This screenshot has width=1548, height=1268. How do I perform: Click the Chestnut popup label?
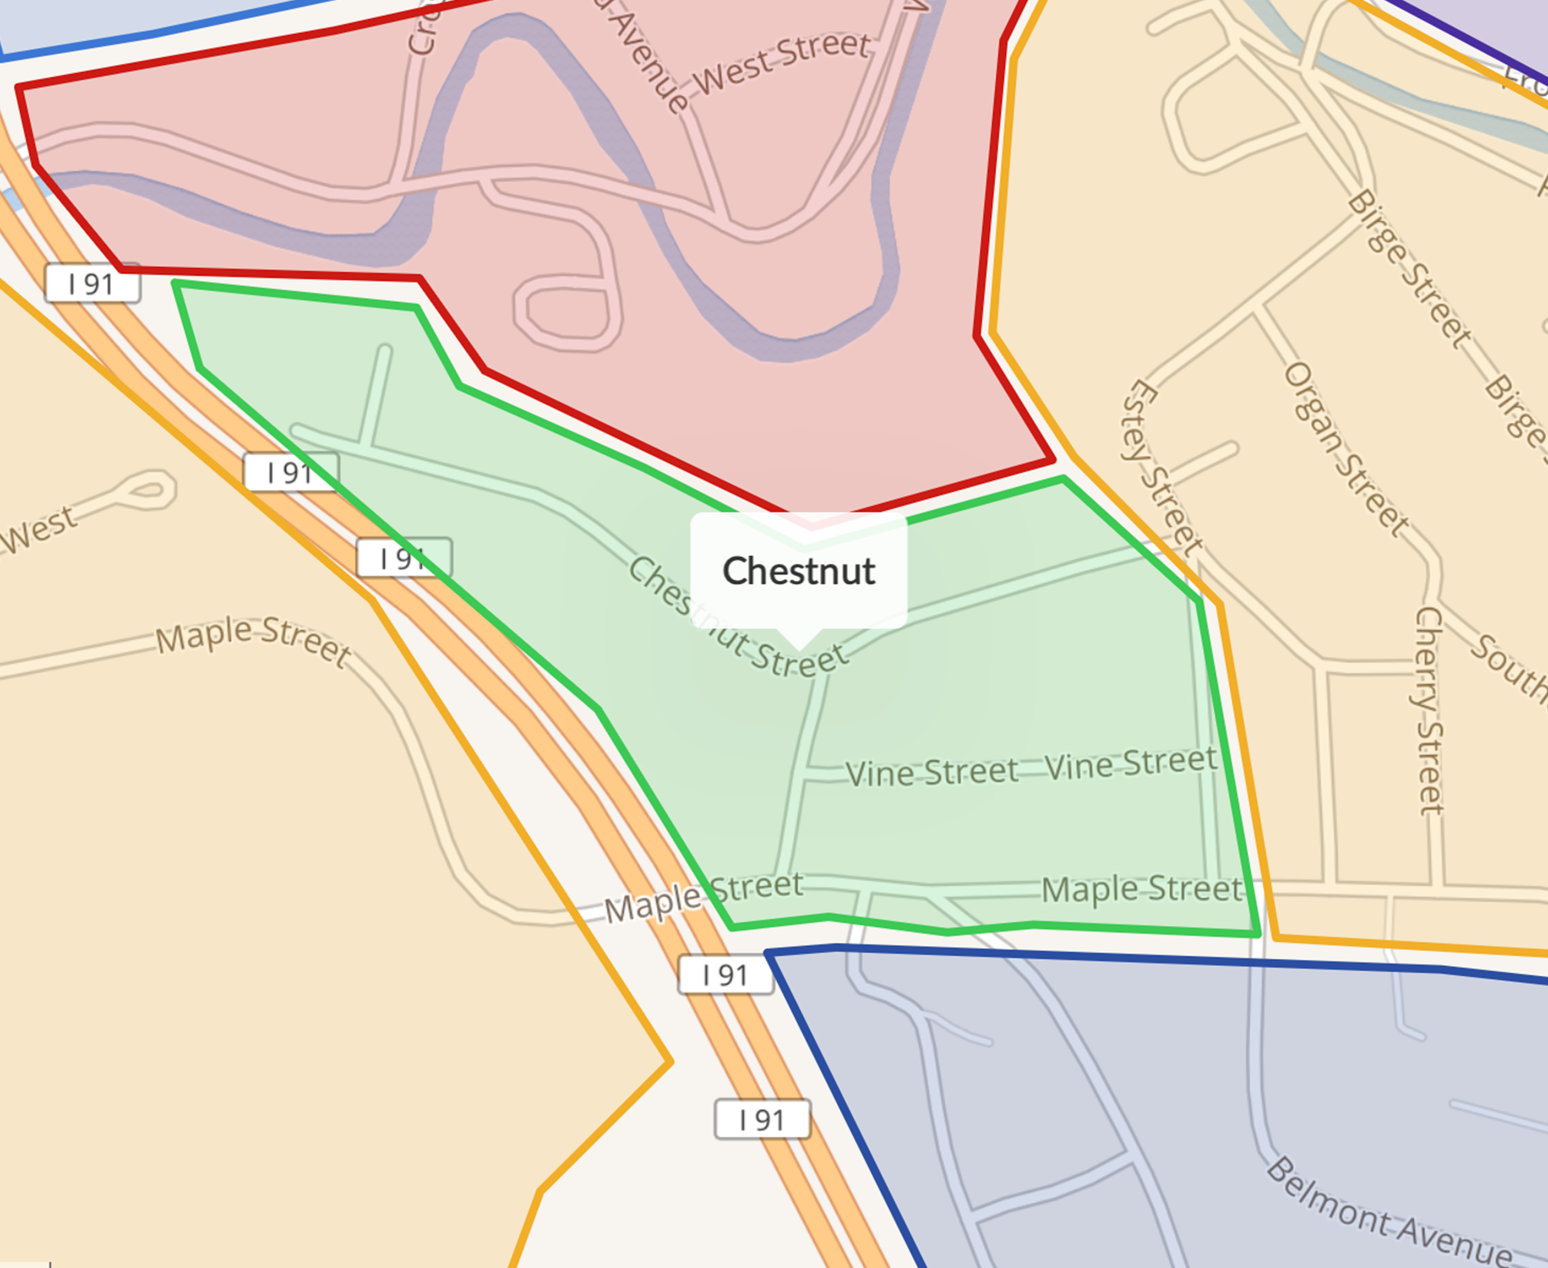[799, 571]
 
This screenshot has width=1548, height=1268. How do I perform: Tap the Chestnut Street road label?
[737, 619]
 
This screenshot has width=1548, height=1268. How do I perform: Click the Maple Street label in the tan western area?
[253, 639]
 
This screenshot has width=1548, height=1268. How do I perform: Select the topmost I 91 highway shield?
[92, 284]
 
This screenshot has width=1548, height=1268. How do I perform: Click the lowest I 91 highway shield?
[762, 1119]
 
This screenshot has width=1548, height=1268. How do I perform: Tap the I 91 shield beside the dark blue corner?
[725, 975]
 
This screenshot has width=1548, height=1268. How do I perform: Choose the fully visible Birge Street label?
[1409, 268]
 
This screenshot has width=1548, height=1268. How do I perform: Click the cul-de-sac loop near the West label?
[149, 490]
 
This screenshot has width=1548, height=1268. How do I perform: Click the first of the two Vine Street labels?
[931, 773]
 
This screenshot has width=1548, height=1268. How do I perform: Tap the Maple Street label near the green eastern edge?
[1141, 890]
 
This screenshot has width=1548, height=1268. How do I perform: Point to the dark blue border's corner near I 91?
[768, 954]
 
